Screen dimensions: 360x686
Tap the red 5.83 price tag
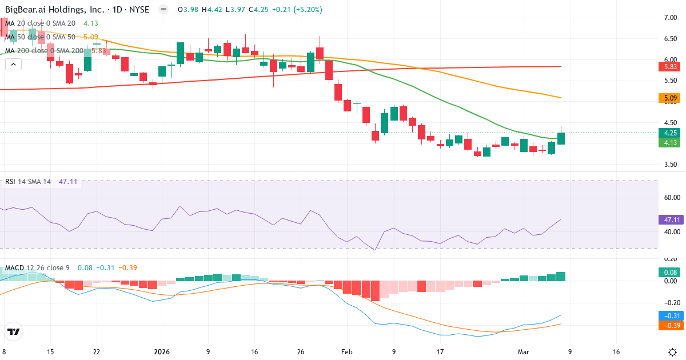click(x=669, y=67)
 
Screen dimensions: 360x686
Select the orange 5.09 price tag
click(x=669, y=98)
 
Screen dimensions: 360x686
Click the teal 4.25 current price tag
click(x=669, y=133)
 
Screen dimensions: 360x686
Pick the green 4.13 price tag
click(x=669, y=143)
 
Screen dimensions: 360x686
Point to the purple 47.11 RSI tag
click(x=669, y=219)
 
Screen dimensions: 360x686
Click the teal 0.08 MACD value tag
click(x=669, y=273)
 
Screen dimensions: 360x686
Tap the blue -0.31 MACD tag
click(x=669, y=315)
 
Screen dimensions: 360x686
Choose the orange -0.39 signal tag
click(x=669, y=325)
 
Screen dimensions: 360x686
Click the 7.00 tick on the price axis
click(x=670, y=18)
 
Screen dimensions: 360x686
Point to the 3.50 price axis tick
click(x=670, y=165)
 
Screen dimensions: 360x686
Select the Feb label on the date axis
click(x=347, y=352)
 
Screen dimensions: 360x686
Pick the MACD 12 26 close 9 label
click(x=37, y=268)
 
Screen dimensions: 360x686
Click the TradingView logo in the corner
click(x=14, y=331)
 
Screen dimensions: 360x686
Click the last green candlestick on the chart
click(x=561, y=138)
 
